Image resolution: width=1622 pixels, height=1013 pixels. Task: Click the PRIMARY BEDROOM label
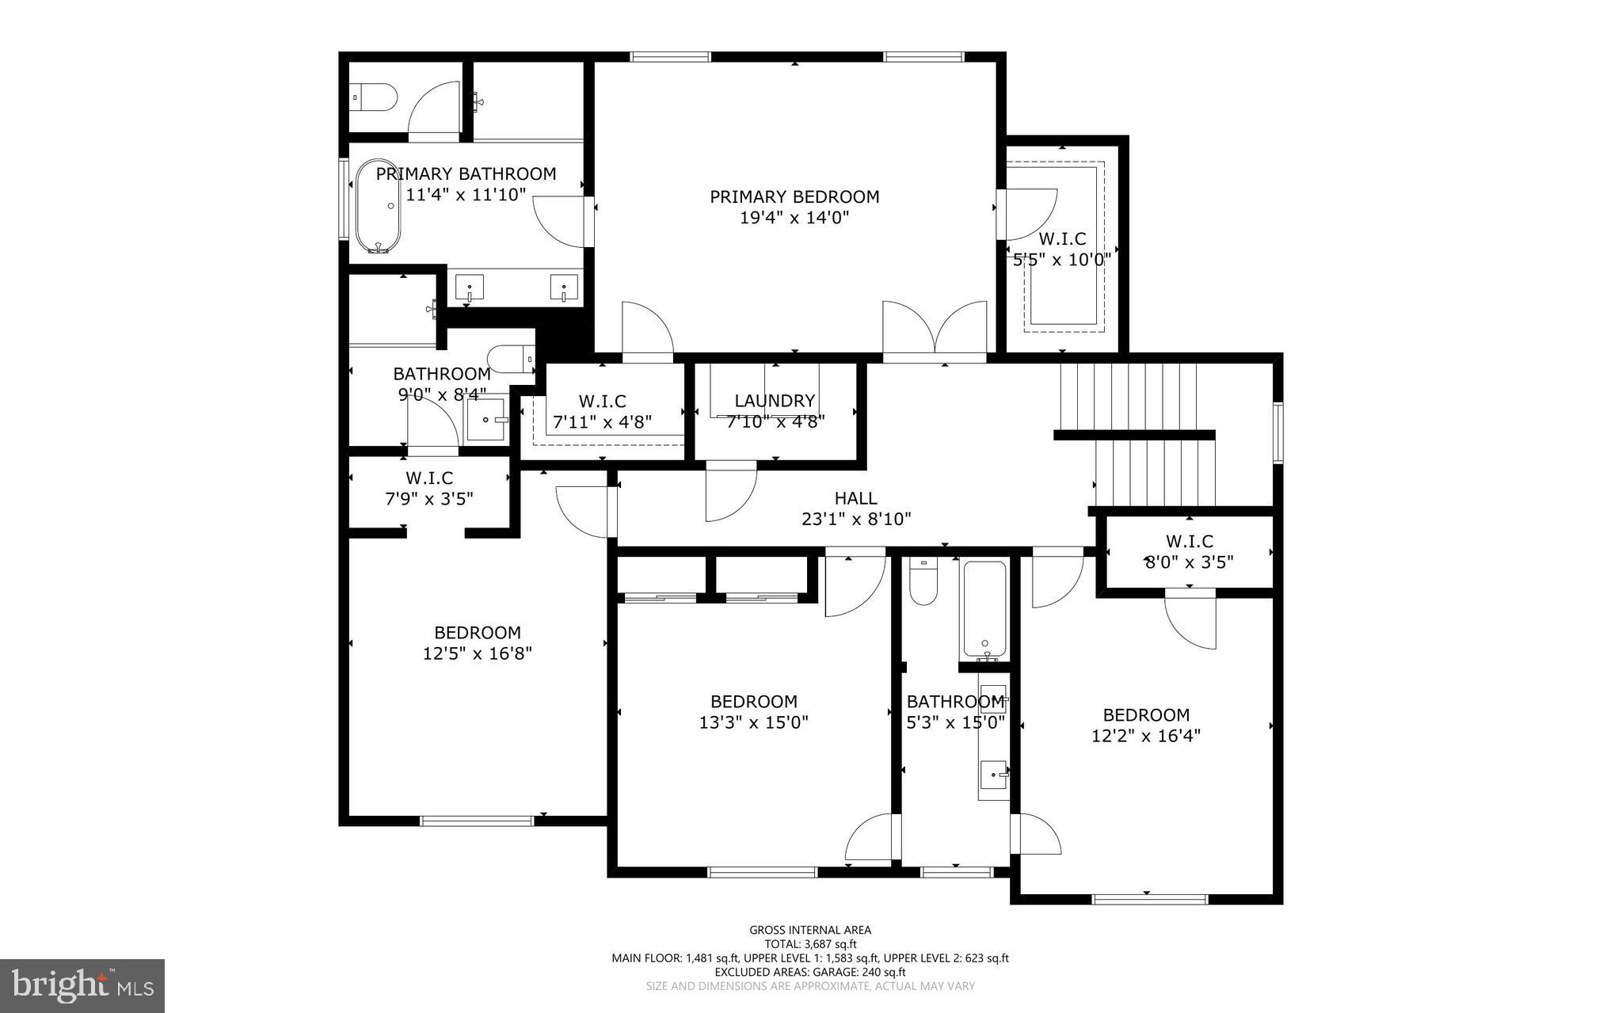tap(794, 196)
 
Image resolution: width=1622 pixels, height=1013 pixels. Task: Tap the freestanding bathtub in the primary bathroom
tap(378, 206)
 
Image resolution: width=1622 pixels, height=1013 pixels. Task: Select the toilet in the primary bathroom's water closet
tap(375, 97)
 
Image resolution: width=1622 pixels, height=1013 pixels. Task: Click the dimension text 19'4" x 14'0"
tap(794, 218)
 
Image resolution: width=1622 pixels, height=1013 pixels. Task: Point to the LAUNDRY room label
tap(775, 401)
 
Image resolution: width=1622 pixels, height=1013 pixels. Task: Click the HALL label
tap(855, 498)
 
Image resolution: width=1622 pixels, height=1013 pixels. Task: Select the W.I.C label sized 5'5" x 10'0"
tap(1062, 238)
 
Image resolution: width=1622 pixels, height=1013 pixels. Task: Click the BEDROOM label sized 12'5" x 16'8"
tap(477, 633)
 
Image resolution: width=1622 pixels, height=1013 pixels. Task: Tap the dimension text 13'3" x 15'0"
tap(753, 722)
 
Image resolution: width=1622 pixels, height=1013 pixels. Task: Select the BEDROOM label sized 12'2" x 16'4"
tap(1146, 714)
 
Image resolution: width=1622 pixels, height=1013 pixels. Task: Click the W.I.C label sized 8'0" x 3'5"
tap(1189, 542)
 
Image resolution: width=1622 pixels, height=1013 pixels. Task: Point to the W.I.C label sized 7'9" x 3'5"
tap(429, 478)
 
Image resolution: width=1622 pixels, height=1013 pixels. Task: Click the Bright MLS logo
tap(82, 984)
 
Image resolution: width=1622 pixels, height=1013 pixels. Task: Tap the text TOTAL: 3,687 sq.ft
tap(810, 944)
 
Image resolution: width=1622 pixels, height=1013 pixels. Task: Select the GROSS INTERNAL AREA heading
tap(810, 930)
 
